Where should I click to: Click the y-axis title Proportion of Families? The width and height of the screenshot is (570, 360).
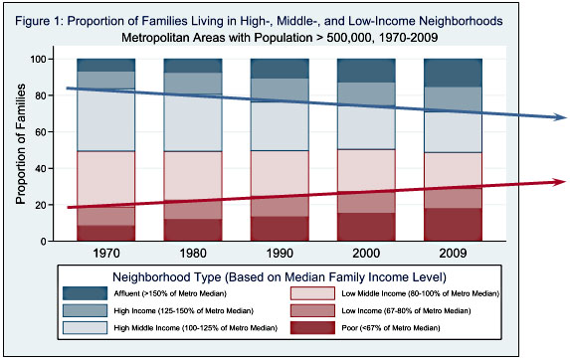click(x=20, y=149)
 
